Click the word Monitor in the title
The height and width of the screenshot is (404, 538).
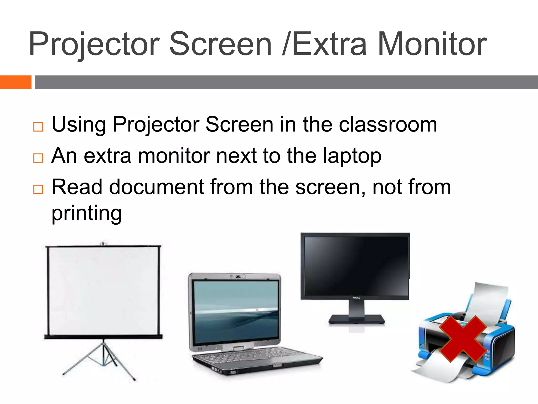tap(432, 44)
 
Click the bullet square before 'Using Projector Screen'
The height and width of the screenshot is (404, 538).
tap(38, 127)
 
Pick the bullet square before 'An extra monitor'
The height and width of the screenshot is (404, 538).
tap(38, 158)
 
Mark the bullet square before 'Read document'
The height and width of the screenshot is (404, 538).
tap(38, 189)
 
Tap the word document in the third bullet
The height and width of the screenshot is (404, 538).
tap(157, 187)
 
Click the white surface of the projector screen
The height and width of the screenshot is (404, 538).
tap(103, 291)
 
